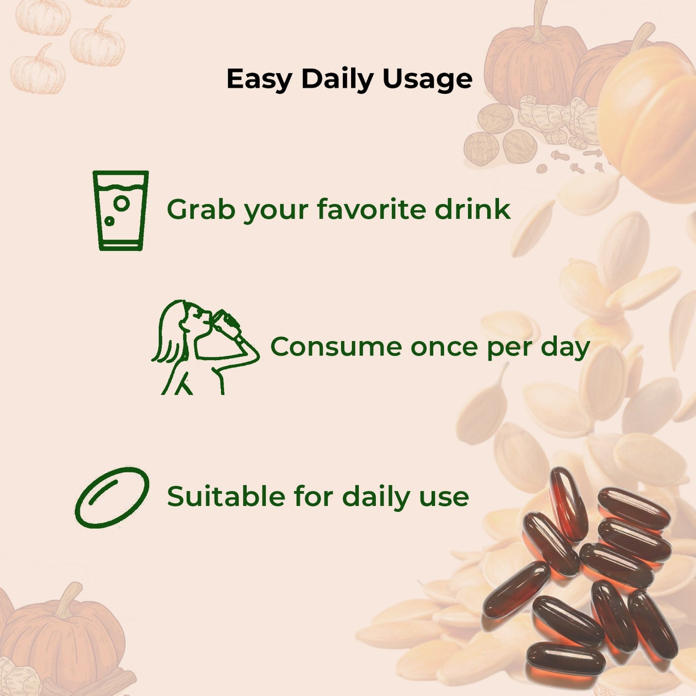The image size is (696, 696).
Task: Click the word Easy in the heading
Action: (x=259, y=79)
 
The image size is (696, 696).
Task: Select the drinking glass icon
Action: (x=120, y=210)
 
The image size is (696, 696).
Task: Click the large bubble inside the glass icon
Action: (x=122, y=203)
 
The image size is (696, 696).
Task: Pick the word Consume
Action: (x=336, y=347)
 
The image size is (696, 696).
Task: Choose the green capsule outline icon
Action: (x=112, y=497)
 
